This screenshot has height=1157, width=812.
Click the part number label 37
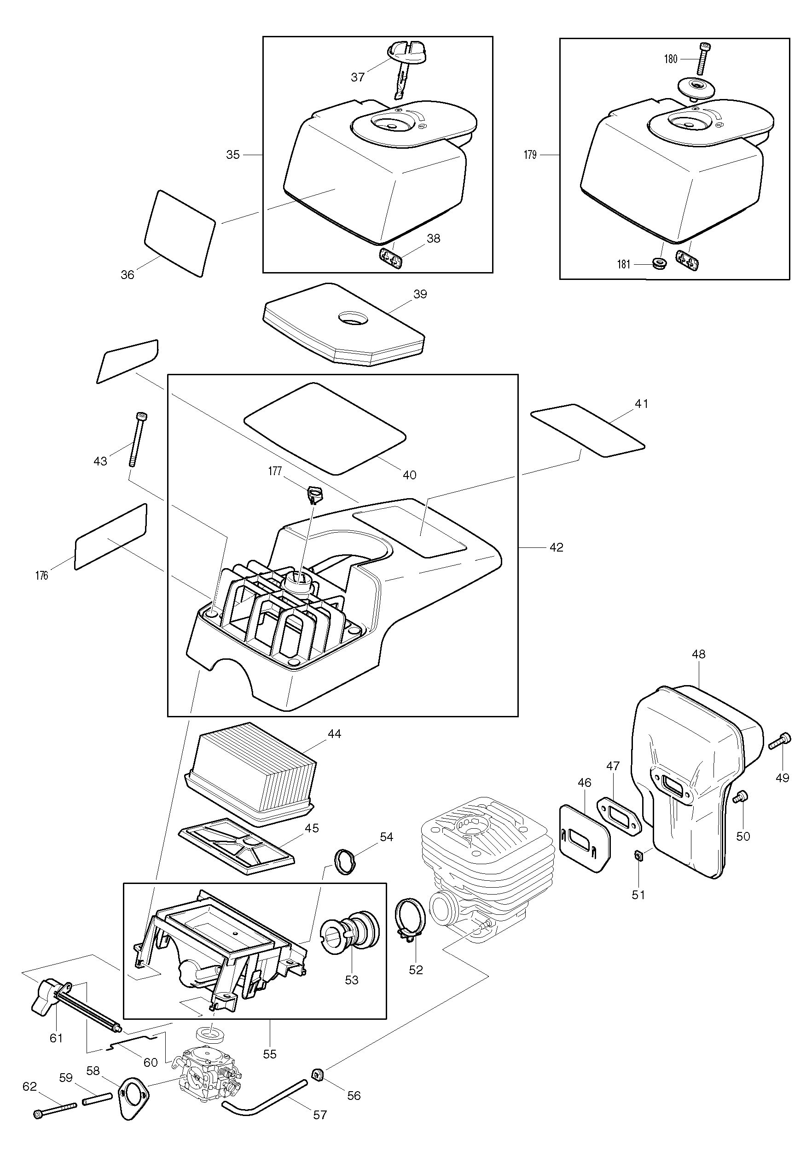(357, 77)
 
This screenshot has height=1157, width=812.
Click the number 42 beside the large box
(556, 547)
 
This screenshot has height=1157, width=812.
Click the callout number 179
(530, 155)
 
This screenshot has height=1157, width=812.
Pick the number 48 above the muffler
(699, 654)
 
